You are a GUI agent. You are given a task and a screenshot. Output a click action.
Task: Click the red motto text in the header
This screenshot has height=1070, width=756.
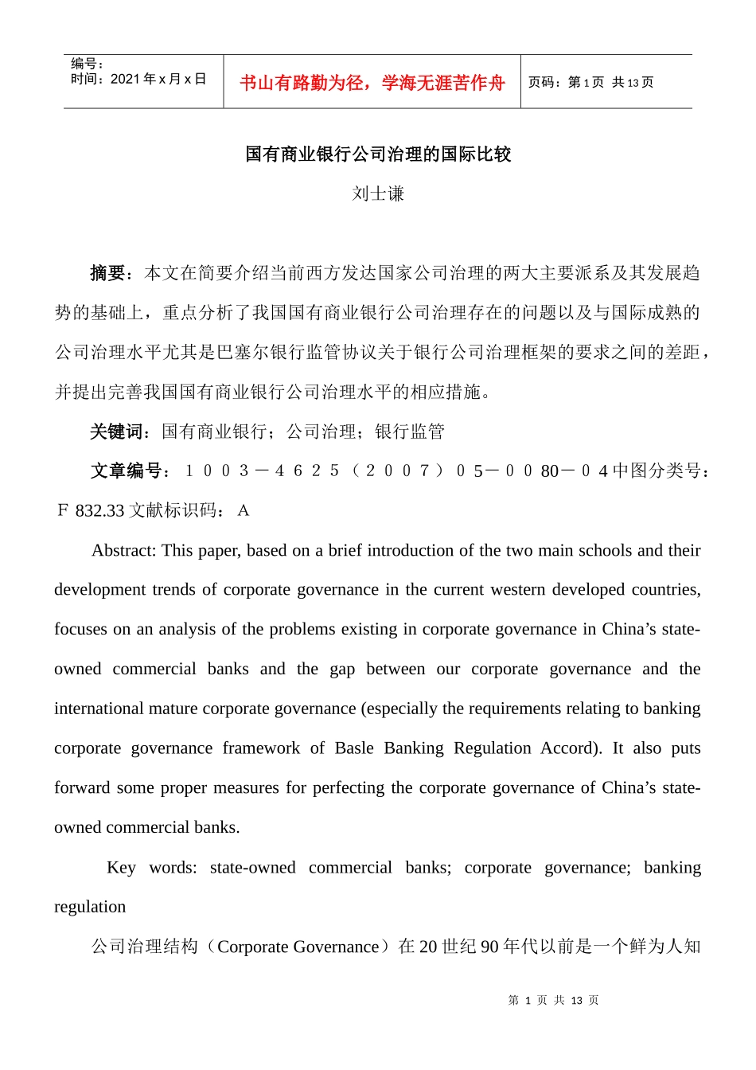pyautogui.click(x=372, y=83)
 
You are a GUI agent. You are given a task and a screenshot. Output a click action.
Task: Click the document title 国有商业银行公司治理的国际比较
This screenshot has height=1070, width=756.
pyautogui.click(x=378, y=154)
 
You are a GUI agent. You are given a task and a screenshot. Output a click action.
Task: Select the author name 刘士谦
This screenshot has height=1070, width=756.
pyautogui.click(x=378, y=193)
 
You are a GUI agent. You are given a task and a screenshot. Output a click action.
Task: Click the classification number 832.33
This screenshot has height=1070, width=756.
pyautogui.click(x=100, y=511)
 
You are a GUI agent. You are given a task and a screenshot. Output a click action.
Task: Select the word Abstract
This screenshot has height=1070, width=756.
pyautogui.click(x=123, y=550)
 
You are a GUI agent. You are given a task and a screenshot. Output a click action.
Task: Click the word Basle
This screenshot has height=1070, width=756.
pyautogui.click(x=354, y=748)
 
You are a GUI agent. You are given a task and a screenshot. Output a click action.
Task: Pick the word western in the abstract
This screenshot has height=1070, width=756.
pyautogui.click(x=526, y=590)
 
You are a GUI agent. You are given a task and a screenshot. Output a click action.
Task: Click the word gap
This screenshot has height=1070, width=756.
pyautogui.click(x=342, y=669)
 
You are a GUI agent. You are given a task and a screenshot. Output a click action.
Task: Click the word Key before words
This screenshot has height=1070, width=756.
pyautogui.click(x=121, y=867)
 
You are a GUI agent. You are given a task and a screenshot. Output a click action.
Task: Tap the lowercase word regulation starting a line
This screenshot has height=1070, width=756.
pyautogui.click(x=90, y=907)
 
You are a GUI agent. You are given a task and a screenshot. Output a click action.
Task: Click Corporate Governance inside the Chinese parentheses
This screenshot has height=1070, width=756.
pyautogui.click(x=298, y=947)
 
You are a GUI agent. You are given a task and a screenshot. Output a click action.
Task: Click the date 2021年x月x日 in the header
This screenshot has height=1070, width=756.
pyautogui.click(x=158, y=79)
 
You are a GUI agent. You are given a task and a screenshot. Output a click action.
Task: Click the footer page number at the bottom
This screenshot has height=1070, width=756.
pyautogui.click(x=553, y=1000)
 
